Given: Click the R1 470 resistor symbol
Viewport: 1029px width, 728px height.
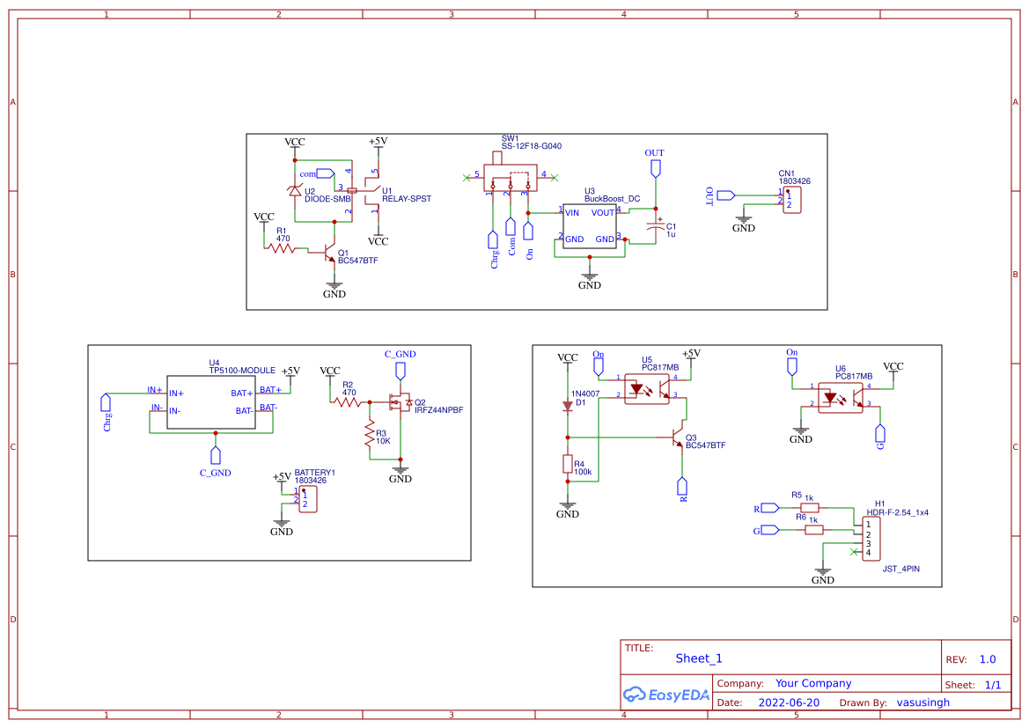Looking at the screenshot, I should coord(282,249).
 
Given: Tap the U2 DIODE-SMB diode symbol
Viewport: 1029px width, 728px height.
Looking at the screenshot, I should coord(295,191).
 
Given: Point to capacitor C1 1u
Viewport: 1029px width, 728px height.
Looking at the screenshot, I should coord(653,226).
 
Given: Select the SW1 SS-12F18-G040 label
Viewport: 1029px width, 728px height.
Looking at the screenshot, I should coord(531,142).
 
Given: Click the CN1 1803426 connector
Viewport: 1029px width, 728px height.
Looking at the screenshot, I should coord(791,200).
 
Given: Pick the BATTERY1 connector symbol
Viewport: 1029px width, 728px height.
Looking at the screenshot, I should coord(307,499).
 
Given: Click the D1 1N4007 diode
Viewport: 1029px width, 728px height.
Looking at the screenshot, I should coord(568,406).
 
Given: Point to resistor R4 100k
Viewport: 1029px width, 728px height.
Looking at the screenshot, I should coord(568,466).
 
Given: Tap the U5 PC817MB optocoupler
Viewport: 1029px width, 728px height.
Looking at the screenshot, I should coord(647,387).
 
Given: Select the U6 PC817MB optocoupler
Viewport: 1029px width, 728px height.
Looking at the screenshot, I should coord(840,396).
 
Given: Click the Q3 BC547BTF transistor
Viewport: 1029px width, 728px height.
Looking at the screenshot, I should coord(676,438).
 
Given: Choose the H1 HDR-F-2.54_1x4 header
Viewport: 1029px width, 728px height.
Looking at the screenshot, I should coord(871,538).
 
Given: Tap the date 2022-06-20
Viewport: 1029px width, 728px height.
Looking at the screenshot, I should coord(789,702).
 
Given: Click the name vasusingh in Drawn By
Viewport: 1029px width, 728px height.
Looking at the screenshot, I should coord(922,702).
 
